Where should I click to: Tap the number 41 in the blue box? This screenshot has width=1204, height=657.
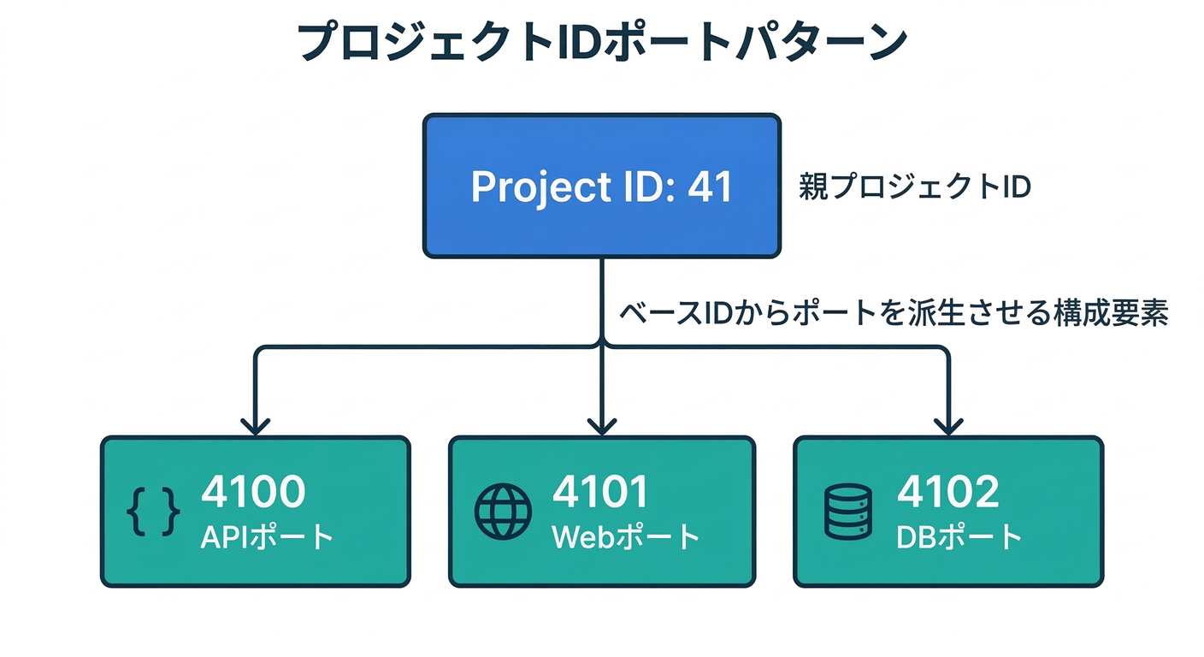(x=711, y=187)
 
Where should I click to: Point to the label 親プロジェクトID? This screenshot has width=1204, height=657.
(x=914, y=187)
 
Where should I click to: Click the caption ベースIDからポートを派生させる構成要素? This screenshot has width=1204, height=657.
(x=893, y=314)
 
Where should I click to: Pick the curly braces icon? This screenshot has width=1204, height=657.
(x=154, y=512)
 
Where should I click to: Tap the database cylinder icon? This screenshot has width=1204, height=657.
(x=847, y=512)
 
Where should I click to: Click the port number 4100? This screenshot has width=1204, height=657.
(x=253, y=492)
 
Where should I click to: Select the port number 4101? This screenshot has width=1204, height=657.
(x=600, y=492)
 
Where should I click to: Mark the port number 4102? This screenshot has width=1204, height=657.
(x=947, y=492)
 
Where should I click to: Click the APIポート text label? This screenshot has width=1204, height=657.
(x=267, y=536)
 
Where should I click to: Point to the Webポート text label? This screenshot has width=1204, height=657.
(x=626, y=536)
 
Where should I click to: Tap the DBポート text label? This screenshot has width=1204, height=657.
(x=959, y=536)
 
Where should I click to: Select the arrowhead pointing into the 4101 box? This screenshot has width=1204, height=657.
(x=602, y=425)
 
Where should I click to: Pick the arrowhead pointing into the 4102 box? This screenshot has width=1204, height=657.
(x=948, y=425)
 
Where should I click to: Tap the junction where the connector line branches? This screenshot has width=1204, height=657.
(x=602, y=346)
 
